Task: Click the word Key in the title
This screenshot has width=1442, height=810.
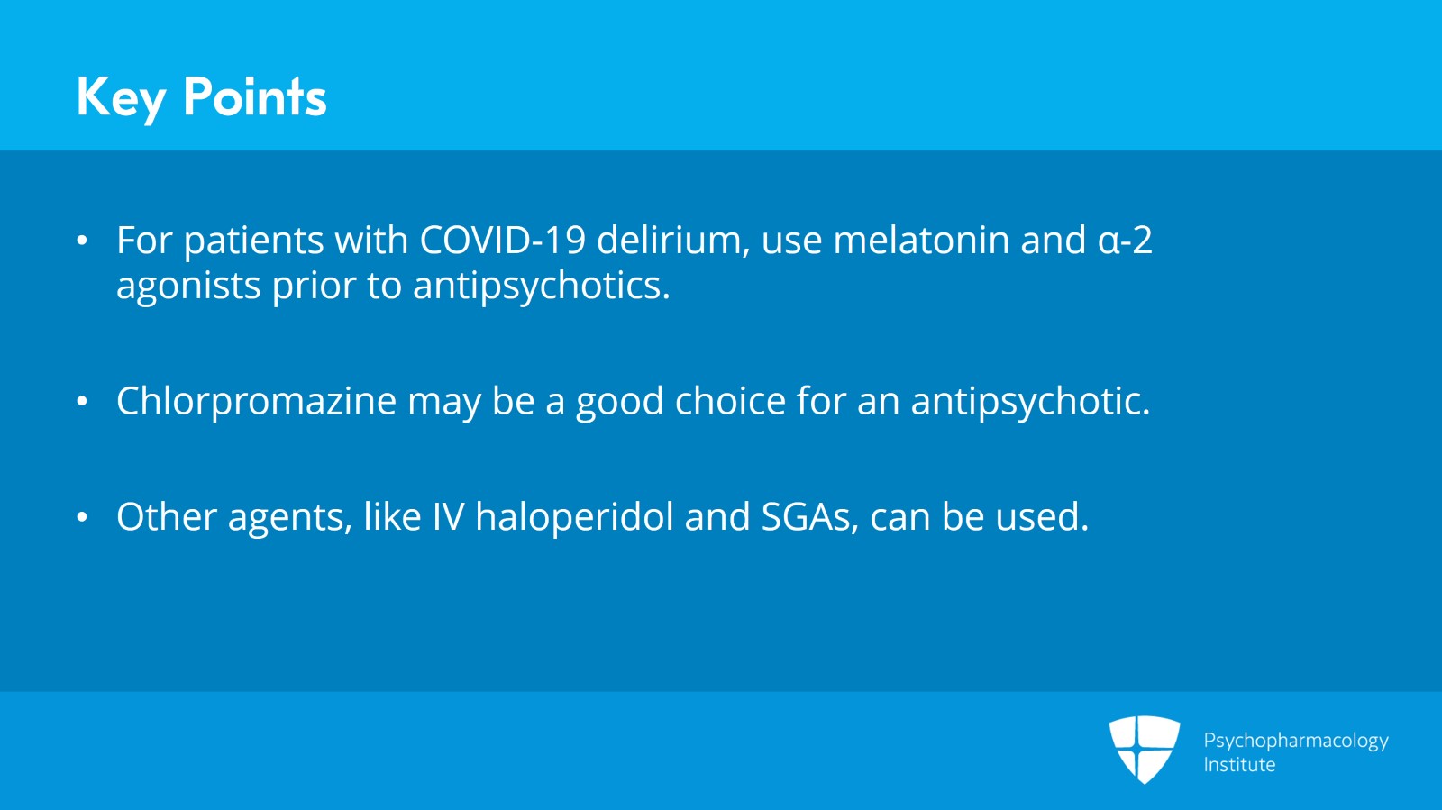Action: [121, 97]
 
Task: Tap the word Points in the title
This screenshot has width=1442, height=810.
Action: [254, 97]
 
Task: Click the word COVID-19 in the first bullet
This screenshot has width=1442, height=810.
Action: [503, 241]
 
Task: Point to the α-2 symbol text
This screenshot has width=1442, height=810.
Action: [1125, 241]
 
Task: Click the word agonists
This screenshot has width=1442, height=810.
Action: [188, 287]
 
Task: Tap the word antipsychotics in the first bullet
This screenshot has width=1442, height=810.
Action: [540, 287]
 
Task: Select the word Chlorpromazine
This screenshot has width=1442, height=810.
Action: [256, 402]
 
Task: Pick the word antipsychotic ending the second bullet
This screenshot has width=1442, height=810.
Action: [1029, 402]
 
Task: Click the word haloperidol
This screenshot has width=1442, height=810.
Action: [574, 517]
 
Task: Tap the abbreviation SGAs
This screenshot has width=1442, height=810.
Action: [809, 517]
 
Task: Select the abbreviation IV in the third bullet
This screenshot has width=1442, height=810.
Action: [448, 517]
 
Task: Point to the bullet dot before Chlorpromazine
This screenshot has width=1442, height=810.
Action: [82, 402]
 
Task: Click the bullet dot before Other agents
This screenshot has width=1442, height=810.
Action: [82, 518]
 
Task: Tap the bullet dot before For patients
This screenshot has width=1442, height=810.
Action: [82, 241]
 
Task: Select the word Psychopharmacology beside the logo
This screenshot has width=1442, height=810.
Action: [1295, 741]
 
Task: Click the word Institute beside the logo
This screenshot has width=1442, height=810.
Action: [1239, 765]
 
